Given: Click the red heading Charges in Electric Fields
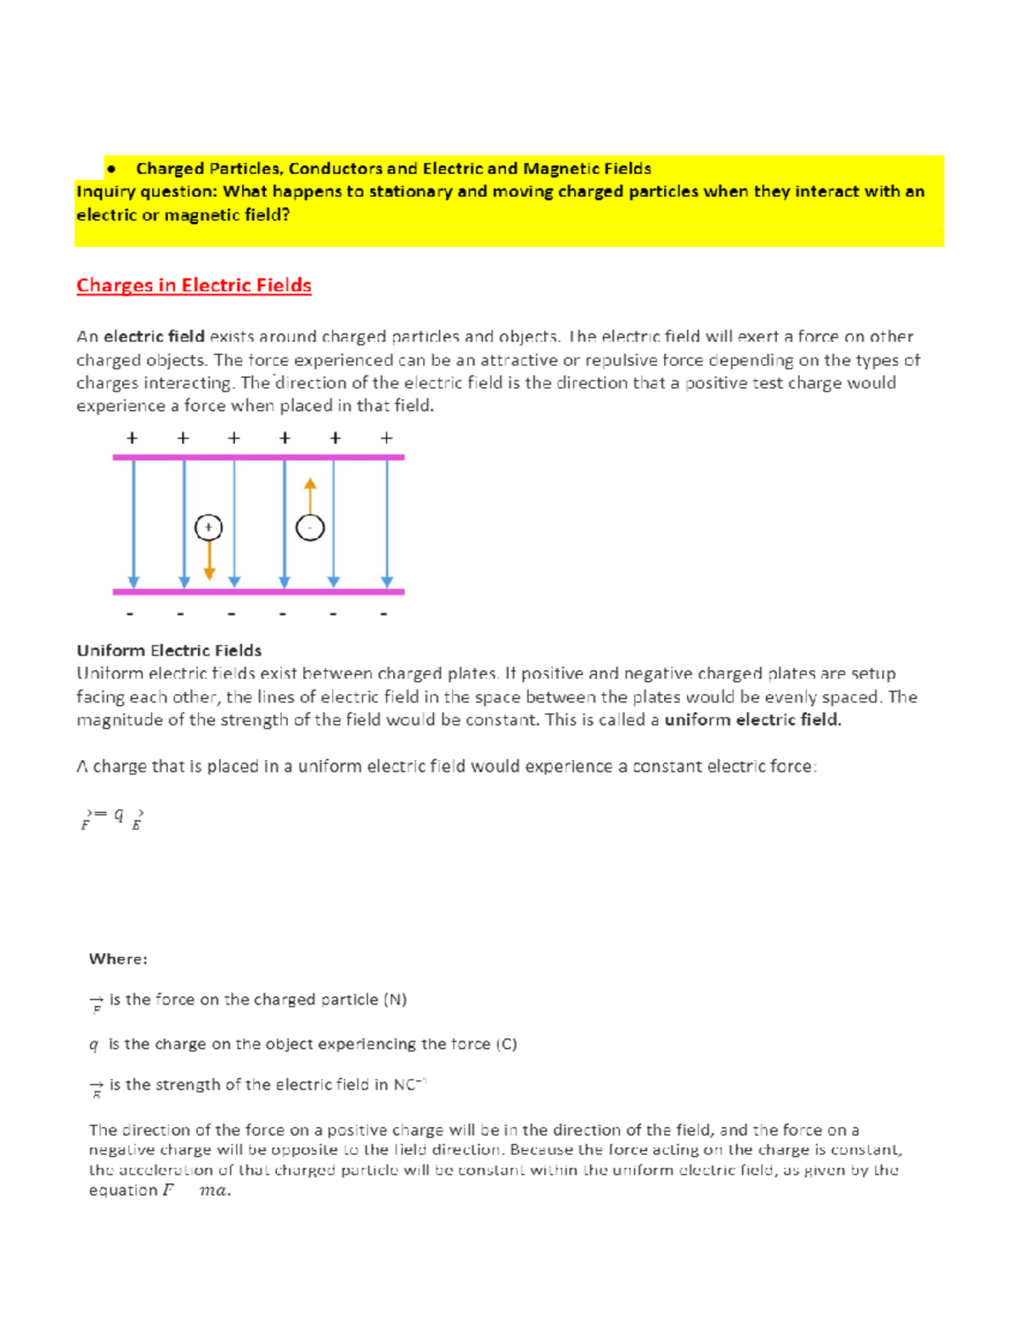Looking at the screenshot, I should point(194,285).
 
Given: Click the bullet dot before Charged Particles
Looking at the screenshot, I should point(111,169).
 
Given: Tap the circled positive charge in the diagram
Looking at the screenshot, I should point(208,527).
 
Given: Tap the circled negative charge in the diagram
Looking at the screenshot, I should point(310,528).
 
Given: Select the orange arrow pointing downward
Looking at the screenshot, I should point(209,562).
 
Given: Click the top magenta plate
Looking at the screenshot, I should point(258,457).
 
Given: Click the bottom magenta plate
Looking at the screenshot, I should point(258,591).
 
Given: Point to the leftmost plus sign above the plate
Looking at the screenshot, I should point(132,438).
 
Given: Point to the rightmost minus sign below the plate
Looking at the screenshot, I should point(385,613).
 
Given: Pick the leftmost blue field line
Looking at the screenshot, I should point(133,522).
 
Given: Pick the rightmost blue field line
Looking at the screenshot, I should point(387,522).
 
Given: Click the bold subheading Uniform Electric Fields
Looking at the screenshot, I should point(169,651).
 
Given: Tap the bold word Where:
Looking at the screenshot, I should point(118,959).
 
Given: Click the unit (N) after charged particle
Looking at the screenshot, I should point(395,1000).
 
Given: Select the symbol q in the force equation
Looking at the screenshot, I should point(119,815).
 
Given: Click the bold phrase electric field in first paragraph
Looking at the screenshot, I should point(154,337).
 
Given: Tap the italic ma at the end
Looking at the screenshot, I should point(213,1191).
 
